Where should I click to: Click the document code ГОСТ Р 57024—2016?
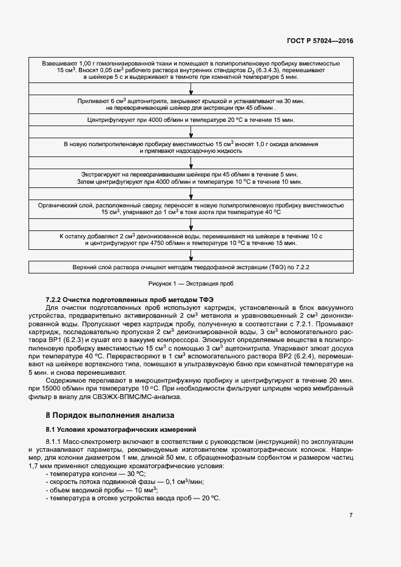point(320,41)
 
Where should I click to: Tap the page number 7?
point(351,515)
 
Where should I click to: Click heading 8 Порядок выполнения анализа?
point(110,415)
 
